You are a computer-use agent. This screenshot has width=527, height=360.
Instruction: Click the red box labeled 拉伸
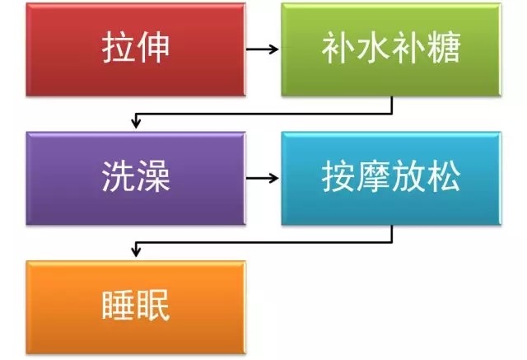[x=136, y=49]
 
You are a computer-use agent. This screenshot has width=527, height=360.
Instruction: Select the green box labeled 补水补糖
[x=391, y=49]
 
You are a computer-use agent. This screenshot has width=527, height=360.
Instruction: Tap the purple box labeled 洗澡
[x=136, y=178]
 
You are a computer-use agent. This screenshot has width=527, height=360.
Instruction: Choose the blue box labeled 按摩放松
[x=391, y=178]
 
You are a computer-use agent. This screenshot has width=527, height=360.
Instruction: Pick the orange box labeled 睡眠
[x=136, y=307]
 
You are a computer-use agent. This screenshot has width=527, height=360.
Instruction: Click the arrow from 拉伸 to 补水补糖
[x=262, y=49]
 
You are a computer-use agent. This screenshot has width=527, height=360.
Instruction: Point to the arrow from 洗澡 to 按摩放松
[x=262, y=178]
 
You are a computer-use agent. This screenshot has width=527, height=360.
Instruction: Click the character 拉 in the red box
[x=119, y=47]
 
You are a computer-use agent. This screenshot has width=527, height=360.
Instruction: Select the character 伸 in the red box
[x=153, y=47]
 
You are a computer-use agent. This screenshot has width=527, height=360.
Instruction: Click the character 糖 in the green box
[x=443, y=48]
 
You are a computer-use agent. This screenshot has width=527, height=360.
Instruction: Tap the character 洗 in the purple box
[x=119, y=175]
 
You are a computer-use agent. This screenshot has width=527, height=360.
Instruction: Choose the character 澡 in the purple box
[x=153, y=175]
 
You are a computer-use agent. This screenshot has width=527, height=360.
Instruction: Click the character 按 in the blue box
[x=338, y=176]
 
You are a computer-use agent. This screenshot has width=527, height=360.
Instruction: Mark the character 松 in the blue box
[x=443, y=176]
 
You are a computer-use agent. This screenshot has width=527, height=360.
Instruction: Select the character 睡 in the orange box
[x=119, y=305]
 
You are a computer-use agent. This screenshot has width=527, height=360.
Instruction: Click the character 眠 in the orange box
[x=153, y=305]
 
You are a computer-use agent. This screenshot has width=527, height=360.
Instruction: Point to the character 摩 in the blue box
[x=373, y=176]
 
